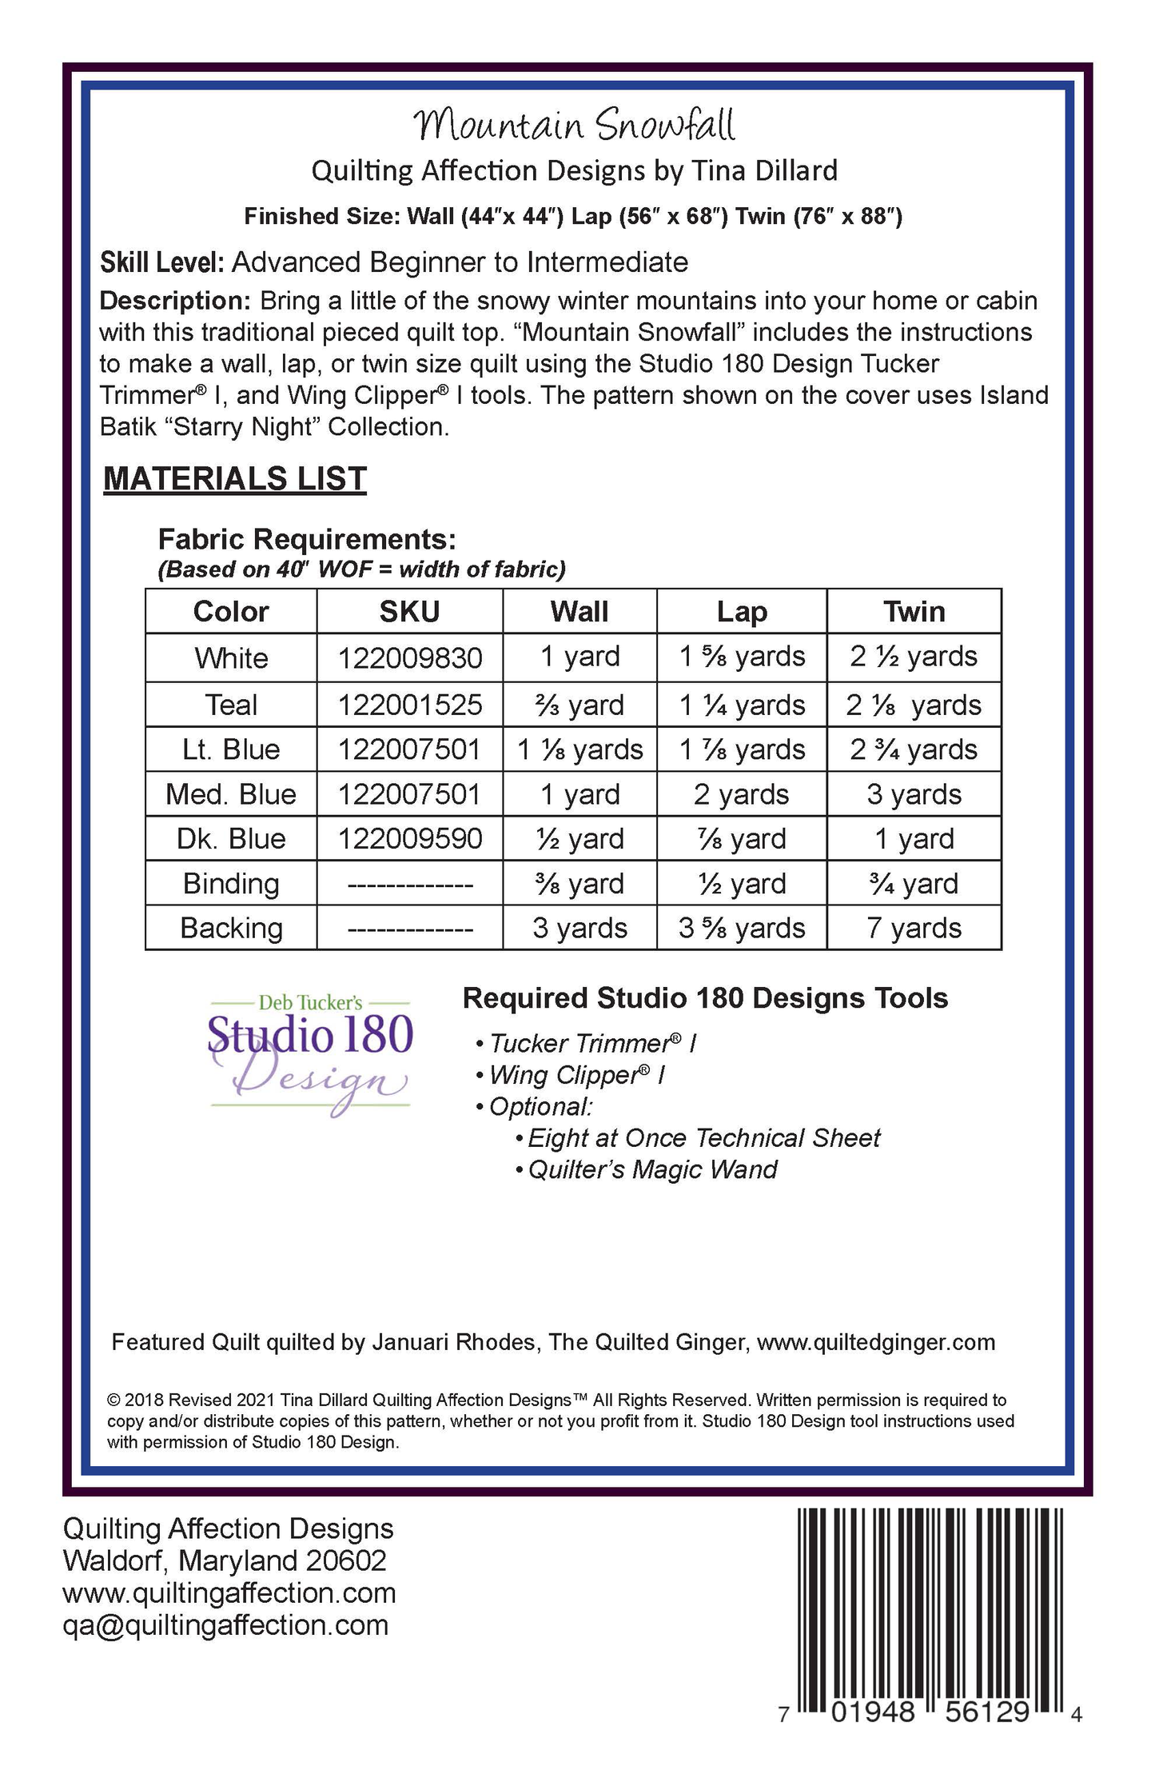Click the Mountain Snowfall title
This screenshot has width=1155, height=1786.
click(x=574, y=125)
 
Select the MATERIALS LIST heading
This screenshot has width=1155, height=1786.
click(x=235, y=478)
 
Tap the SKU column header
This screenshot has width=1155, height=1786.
click(x=409, y=612)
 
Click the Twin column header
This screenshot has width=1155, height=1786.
click(x=914, y=612)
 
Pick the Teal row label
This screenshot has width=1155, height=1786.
click(x=231, y=705)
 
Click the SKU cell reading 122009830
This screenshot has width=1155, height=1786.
click(x=409, y=658)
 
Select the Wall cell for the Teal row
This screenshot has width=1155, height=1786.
click(x=579, y=705)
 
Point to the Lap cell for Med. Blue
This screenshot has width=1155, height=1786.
click(x=741, y=794)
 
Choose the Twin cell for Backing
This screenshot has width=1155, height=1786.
click(x=914, y=928)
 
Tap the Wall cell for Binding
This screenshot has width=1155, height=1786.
click(x=579, y=884)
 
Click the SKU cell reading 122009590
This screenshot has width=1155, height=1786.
click(x=409, y=839)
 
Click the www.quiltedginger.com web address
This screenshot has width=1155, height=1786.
click(x=875, y=1342)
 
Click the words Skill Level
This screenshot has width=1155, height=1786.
click(x=161, y=262)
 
